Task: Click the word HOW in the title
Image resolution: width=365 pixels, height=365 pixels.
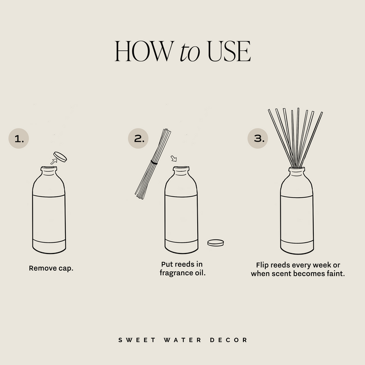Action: pos(143,52)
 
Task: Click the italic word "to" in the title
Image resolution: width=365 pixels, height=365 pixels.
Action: pos(190,53)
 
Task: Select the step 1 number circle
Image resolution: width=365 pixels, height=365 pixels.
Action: pos(19,138)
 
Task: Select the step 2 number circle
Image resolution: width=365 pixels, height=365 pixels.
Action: pos(139,137)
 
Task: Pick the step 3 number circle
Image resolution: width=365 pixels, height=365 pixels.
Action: pos(258,138)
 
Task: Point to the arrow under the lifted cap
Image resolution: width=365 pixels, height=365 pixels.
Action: pos(53,161)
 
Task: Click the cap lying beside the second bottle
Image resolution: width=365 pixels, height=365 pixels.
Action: pos(216,242)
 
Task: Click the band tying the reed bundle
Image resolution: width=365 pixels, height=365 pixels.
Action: pos(154,163)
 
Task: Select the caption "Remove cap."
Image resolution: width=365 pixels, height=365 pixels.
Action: pos(51,268)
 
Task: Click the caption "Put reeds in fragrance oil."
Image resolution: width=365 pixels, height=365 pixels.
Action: pos(183,269)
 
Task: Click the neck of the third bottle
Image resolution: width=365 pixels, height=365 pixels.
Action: pos(297,174)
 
